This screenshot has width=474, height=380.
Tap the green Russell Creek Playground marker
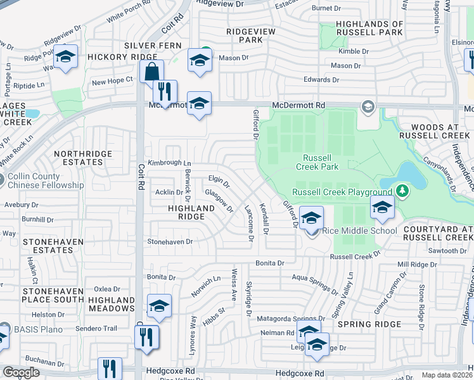point(401,190)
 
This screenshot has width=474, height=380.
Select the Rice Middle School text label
point(360,231)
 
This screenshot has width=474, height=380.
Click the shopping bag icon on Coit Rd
point(152,72)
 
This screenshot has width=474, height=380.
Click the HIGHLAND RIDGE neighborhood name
point(191,212)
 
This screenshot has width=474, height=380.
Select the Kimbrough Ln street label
point(169,163)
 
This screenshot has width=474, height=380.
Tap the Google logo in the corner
point(21,372)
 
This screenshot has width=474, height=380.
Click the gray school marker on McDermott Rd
point(367,106)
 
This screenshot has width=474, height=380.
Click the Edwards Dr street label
point(321,80)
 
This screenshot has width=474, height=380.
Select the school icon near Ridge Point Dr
point(65,57)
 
